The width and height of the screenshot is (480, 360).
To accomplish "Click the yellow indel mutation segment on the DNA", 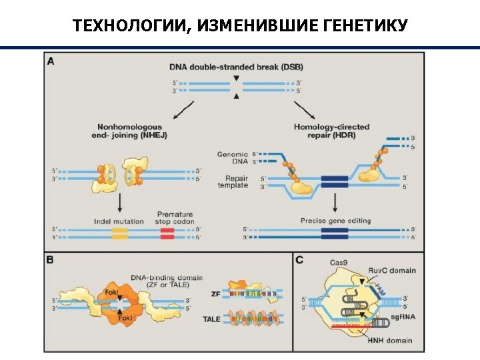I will tap(119, 233).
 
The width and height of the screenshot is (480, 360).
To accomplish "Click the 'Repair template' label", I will tap(237, 182).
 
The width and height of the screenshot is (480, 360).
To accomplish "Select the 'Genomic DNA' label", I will tap(232, 158).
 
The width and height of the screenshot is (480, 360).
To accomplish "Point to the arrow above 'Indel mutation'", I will tap(119, 202).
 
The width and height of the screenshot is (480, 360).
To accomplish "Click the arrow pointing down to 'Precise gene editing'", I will tap(334, 202).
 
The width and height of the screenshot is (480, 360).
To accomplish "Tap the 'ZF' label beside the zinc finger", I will tap(215, 293).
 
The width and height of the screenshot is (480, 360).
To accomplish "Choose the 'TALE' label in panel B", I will tap(211, 319).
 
